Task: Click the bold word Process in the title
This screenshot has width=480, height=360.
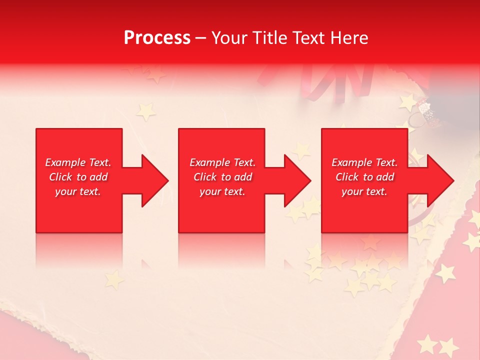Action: click(x=157, y=38)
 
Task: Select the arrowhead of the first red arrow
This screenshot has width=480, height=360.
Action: click(x=154, y=180)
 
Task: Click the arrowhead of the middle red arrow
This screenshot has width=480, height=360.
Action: click(x=296, y=180)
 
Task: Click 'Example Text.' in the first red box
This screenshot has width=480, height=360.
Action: click(x=78, y=162)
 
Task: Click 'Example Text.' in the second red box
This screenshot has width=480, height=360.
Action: click(x=222, y=162)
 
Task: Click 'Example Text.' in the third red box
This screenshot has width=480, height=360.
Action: click(x=364, y=162)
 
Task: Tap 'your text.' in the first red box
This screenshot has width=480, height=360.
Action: click(x=78, y=191)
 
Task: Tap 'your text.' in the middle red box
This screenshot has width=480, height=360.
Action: click(x=222, y=191)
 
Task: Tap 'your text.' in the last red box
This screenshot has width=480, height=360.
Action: click(x=364, y=191)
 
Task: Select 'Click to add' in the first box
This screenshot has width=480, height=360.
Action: click(x=78, y=177)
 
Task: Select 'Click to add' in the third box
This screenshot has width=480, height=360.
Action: click(x=364, y=177)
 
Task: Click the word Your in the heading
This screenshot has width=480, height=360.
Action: click(x=229, y=38)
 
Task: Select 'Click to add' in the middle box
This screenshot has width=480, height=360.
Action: click(x=222, y=177)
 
